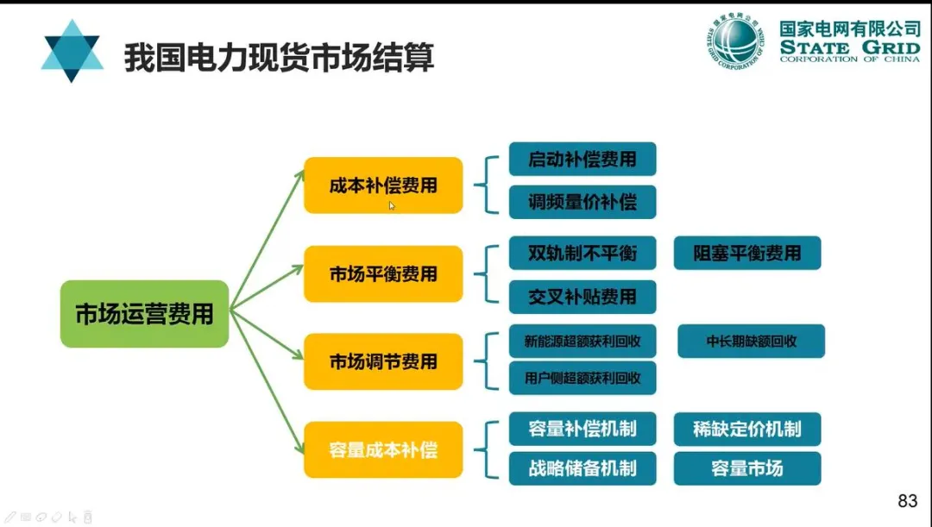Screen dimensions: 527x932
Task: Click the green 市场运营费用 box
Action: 144,314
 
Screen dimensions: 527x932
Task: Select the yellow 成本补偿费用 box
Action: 383,185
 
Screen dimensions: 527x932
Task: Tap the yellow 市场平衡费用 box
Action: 383,274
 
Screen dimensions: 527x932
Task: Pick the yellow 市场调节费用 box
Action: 383,362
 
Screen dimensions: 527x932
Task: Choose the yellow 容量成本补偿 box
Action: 383,449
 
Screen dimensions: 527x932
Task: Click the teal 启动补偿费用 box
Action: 582,160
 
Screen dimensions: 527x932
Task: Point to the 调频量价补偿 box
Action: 582,202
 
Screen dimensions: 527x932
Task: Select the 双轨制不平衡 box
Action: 582,254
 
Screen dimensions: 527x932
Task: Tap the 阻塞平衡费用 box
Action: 747,254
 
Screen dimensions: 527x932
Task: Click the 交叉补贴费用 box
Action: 582,297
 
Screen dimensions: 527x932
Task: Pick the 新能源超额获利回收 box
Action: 582,341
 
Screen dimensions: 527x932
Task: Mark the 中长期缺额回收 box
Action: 751,341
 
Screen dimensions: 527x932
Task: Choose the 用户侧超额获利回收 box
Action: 582,378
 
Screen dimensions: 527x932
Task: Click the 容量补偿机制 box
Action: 582,429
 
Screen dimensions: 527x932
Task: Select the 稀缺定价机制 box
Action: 747,429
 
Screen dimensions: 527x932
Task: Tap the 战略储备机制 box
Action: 582,468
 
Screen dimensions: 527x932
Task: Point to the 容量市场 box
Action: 747,468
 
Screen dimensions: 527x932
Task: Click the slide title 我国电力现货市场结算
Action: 279,57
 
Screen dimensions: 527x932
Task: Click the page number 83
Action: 907,501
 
